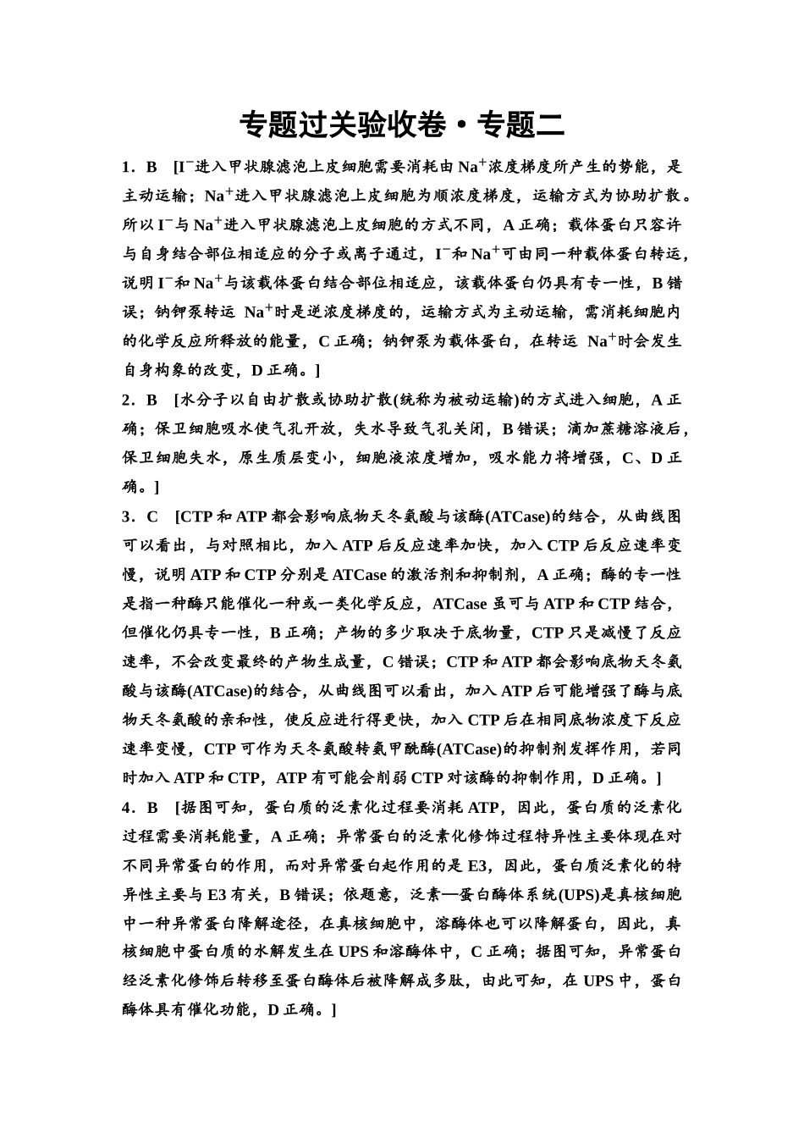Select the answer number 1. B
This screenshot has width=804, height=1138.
[140, 167]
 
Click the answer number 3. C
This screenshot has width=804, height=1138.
[140, 517]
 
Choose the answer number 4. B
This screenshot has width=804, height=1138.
[140, 808]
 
